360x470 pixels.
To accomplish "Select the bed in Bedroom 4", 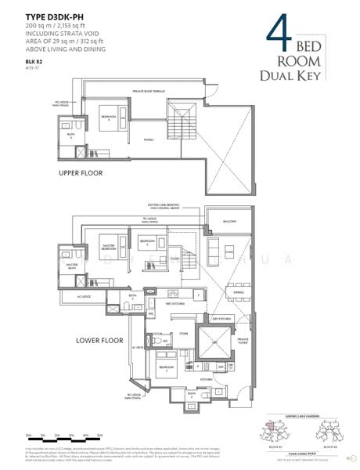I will (x=111, y=119).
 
